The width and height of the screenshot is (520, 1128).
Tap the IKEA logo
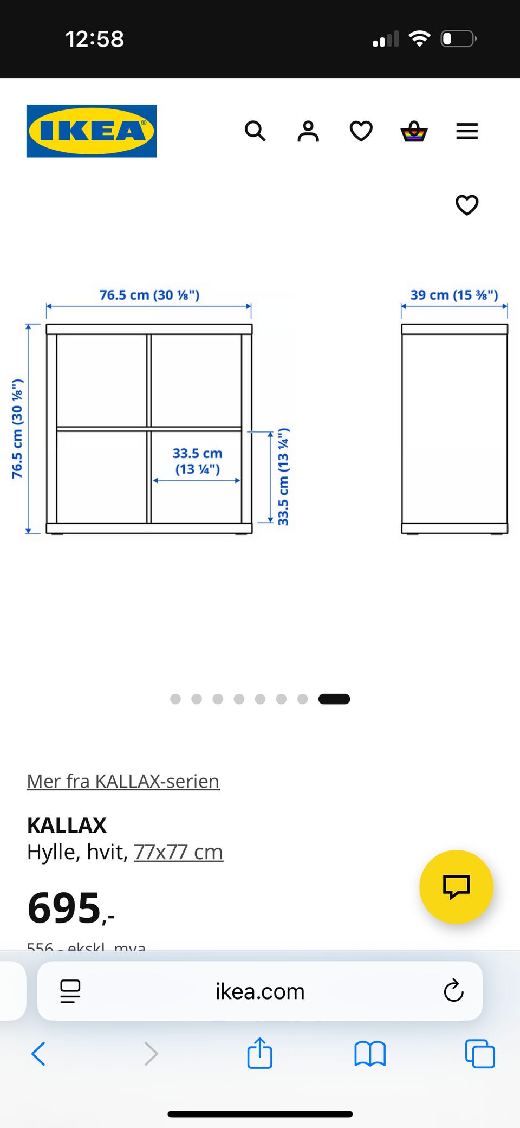tap(92, 131)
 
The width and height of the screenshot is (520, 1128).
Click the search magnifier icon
tap(255, 131)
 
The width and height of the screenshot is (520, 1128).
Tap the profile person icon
tap(308, 131)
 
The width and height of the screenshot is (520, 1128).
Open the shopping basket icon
tap(414, 131)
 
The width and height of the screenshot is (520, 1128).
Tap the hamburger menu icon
tap(467, 131)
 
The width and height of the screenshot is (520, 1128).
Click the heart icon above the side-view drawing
tap(467, 205)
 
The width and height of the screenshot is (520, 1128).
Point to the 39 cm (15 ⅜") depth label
tap(454, 295)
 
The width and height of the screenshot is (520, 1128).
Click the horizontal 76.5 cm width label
tap(149, 295)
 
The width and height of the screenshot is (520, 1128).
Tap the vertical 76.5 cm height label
tap(17, 429)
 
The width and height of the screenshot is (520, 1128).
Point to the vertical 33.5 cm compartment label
tap(283, 476)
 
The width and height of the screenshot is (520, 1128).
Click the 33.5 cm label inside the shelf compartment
tap(197, 461)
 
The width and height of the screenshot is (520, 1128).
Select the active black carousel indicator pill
tap(334, 699)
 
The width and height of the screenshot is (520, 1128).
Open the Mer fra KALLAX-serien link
tap(123, 781)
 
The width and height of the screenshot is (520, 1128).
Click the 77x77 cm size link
tap(178, 852)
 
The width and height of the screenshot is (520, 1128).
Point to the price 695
tap(65, 908)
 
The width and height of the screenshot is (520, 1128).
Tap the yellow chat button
tap(456, 887)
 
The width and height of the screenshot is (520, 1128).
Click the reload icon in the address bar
tap(453, 991)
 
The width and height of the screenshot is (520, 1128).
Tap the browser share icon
tap(259, 1053)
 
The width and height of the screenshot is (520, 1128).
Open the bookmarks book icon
tap(370, 1054)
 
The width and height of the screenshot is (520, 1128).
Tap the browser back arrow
tap(38, 1054)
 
